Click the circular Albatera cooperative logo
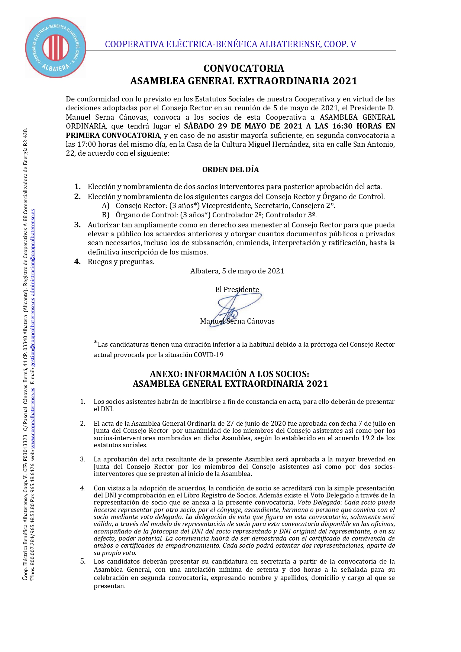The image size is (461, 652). click(x=56, y=48)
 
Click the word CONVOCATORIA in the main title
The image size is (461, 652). click(x=244, y=68)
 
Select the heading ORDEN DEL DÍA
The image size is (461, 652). click(x=230, y=169)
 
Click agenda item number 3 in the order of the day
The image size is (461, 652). click(x=77, y=225)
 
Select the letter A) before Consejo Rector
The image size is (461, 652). click(x=106, y=206)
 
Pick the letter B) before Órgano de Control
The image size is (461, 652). click(x=106, y=215)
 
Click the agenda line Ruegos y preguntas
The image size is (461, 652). click(x=121, y=262)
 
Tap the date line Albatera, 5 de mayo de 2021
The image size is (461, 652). click(x=237, y=271)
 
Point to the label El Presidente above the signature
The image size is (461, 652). click(x=237, y=289)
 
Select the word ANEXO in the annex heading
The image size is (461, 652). click(x=165, y=374)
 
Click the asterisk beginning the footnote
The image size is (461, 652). click(x=96, y=343)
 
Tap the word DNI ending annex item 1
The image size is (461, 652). click(x=107, y=409)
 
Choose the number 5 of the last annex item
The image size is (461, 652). click(x=83, y=561)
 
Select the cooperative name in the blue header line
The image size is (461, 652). click(x=230, y=44)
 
